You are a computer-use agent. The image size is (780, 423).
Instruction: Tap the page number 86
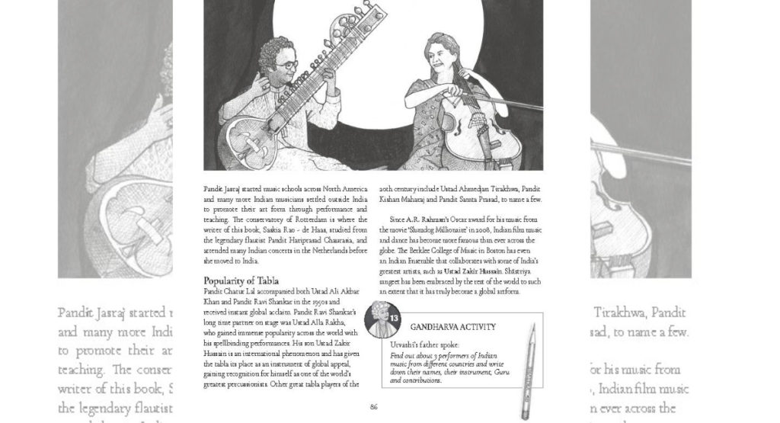(373, 407)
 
